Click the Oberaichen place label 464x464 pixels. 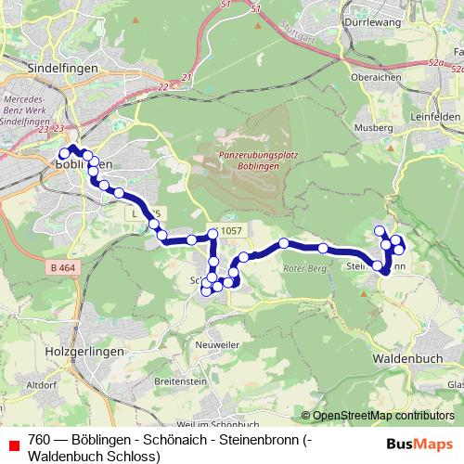pos(374,79)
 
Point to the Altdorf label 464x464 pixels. pos(43,383)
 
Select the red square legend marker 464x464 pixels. pos(12,441)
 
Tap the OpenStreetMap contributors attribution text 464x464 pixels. pos(383,417)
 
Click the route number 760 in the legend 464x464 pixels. pos(40,440)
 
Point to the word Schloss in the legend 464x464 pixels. pos(134,456)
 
